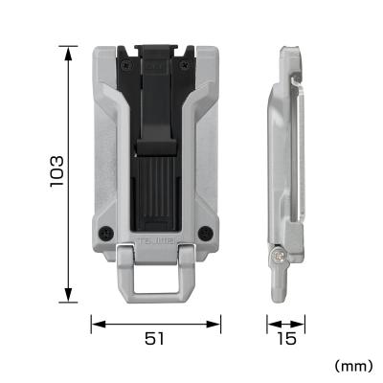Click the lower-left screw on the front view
(x=103, y=233)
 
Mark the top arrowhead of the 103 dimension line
(x=69, y=48)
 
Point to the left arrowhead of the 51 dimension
(x=94, y=324)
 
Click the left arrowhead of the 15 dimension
(x=269, y=324)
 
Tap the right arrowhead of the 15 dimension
(x=299, y=324)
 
